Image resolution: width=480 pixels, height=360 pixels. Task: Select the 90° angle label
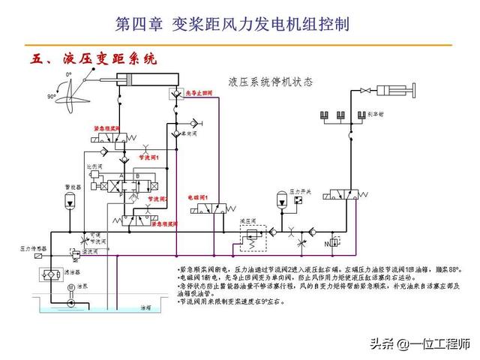click(52, 97)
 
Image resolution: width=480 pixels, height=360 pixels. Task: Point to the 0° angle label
click(68, 74)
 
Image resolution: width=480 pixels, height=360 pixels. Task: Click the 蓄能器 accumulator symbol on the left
click(70, 199)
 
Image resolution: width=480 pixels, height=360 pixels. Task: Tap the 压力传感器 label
click(33, 247)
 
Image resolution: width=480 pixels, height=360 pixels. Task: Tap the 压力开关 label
click(301, 191)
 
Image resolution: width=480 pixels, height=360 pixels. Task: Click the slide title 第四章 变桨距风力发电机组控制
click(232, 24)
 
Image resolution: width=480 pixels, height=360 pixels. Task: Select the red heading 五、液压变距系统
click(94, 58)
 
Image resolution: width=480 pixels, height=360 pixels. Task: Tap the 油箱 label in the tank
click(145, 307)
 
